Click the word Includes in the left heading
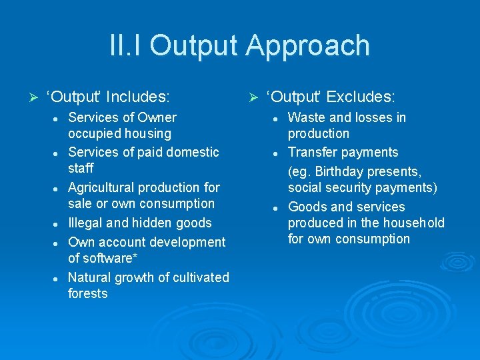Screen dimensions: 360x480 pos(137,97)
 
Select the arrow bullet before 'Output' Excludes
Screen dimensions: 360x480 pos(253,98)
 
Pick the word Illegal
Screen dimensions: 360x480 pos(85,223)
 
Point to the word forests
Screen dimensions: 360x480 pos(87,293)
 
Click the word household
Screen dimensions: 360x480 pos(411,223)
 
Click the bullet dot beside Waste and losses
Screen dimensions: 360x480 pos(275,119)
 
